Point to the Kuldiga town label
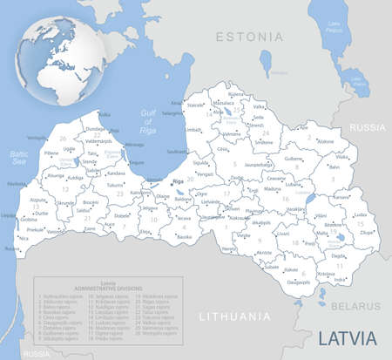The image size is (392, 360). click(76, 177)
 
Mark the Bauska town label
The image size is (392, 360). click(184, 236)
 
